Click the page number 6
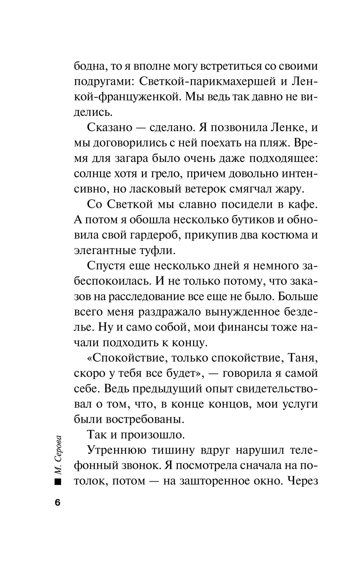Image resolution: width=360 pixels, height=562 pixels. tap(58, 503)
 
